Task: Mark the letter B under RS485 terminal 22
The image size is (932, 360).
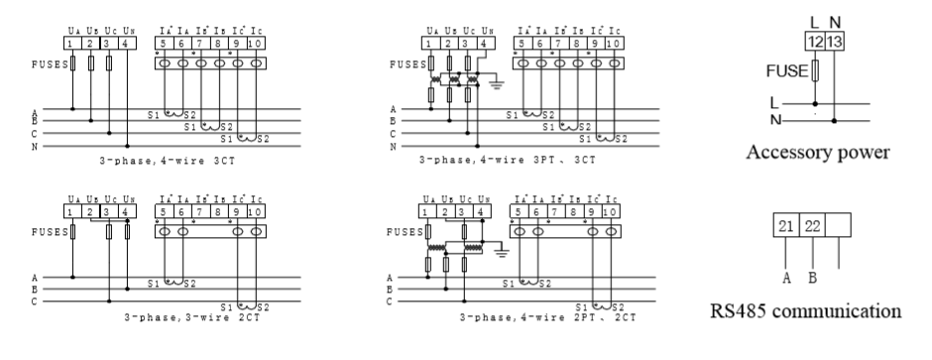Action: (813, 279)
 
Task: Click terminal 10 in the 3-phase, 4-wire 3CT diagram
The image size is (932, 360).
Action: (256, 44)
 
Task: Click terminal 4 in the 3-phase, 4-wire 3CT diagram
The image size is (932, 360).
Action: (127, 44)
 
